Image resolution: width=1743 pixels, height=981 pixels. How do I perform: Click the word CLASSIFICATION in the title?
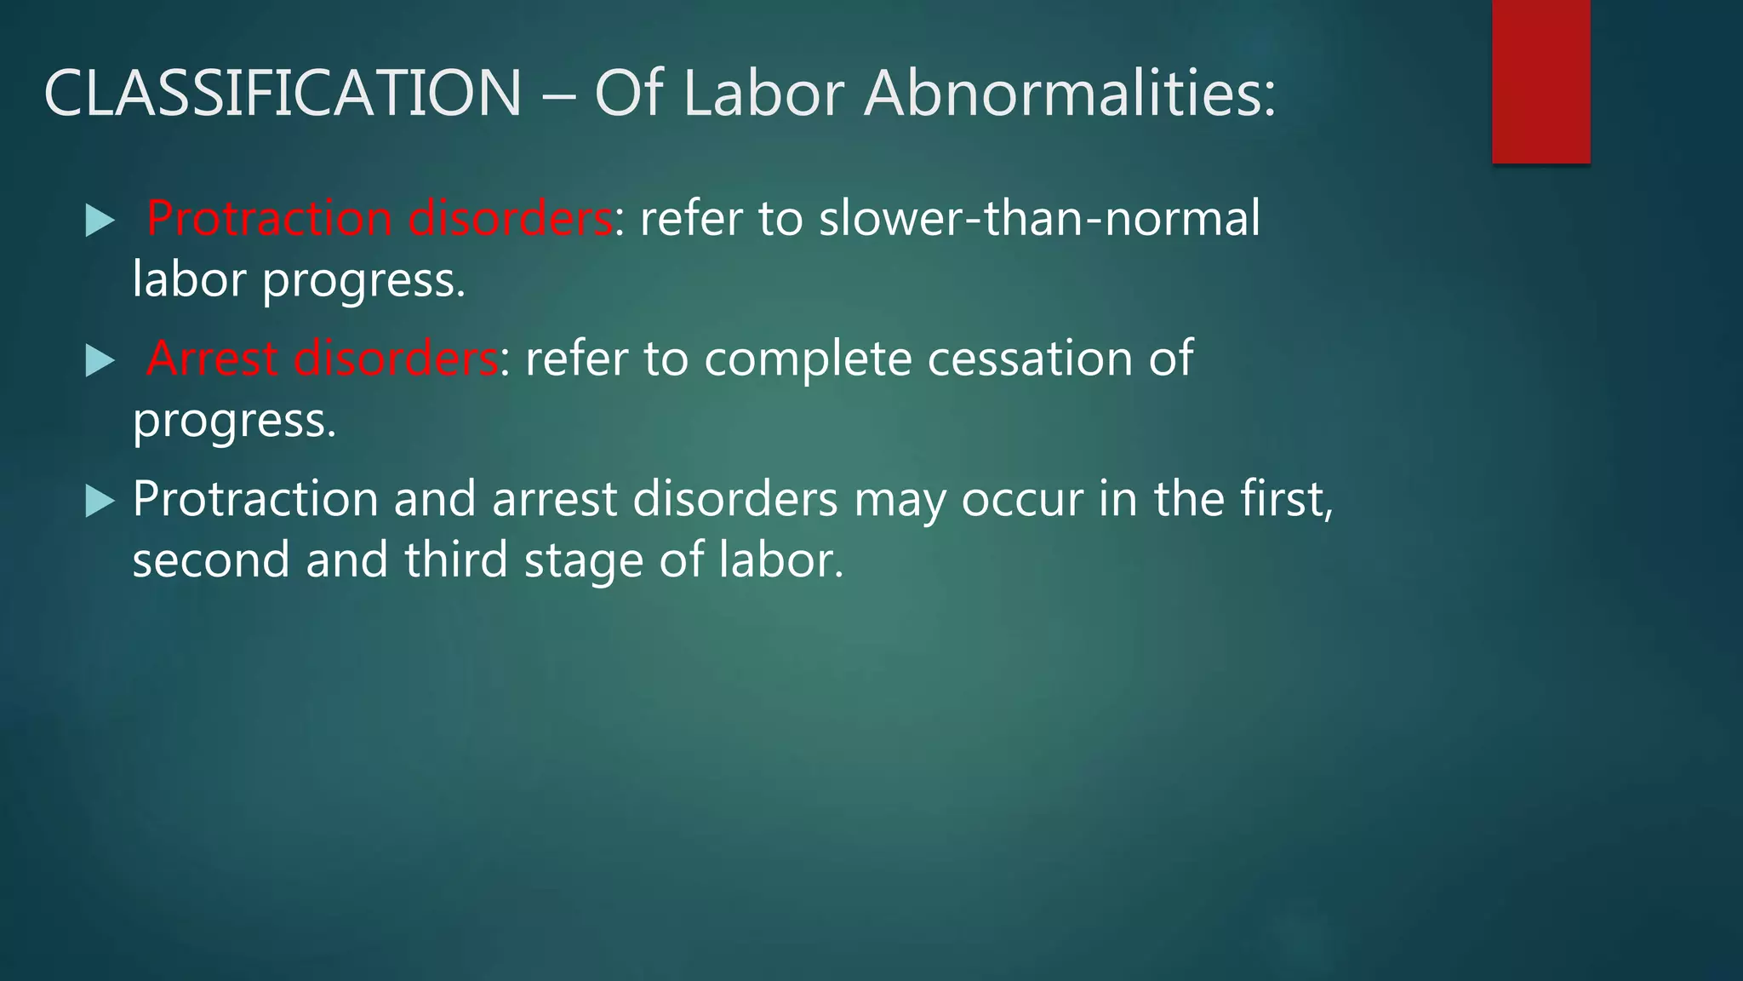tap(283, 93)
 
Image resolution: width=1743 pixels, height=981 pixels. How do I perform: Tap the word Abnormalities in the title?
tap(1070, 93)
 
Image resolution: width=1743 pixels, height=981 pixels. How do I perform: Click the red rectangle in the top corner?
tap(1540, 82)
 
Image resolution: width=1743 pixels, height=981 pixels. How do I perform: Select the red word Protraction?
tap(269, 218)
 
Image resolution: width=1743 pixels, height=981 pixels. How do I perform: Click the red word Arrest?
tap(213, 359)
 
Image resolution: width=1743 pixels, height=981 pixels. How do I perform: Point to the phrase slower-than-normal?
tap(1039, 218)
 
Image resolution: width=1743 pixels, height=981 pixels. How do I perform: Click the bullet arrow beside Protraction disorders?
tap(100, 221)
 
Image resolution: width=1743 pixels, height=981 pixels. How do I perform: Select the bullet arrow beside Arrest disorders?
tap(100, 362)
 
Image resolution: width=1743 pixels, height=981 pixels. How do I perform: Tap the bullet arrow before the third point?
tap(100, 502)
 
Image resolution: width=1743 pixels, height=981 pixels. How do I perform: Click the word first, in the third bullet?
tap(1286, 499)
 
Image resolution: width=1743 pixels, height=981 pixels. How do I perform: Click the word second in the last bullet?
tap(211, 560)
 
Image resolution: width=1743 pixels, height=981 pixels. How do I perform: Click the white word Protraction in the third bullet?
tap(255, 499)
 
